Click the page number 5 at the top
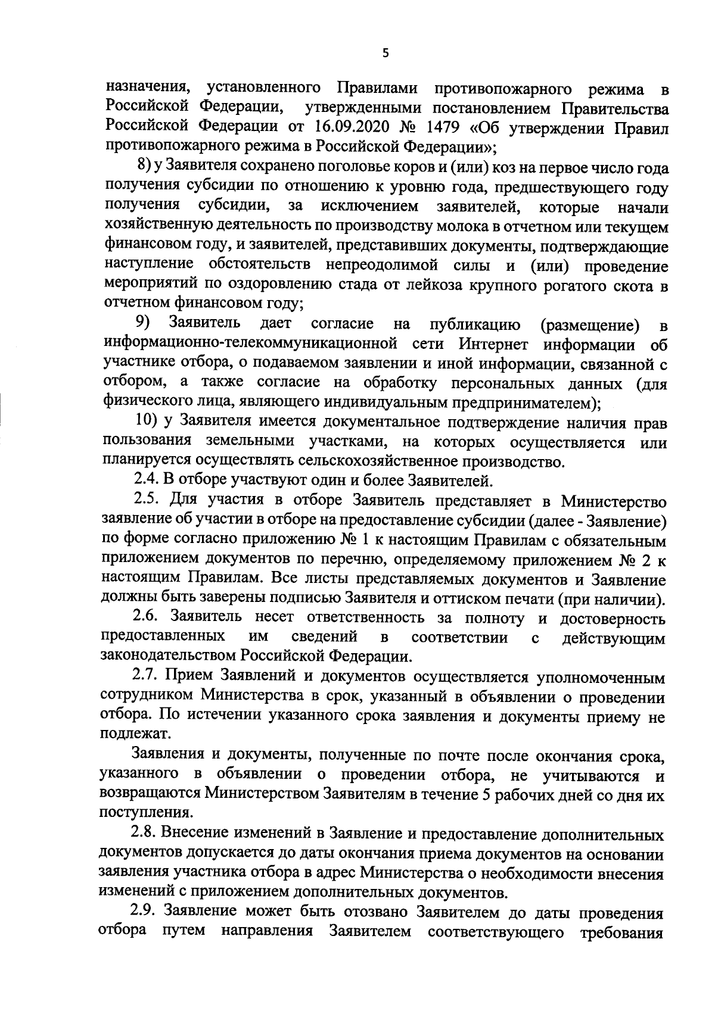coord(385,54)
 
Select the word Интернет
coord(494,344)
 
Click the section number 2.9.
coord(145,912)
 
